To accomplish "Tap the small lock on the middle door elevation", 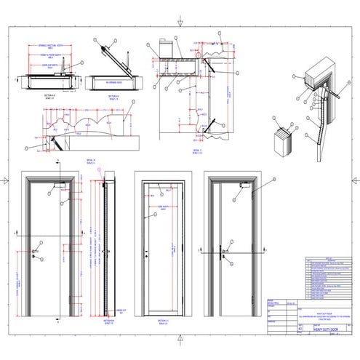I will tap(146, 255).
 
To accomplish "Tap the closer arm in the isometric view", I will tap(336, 93).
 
